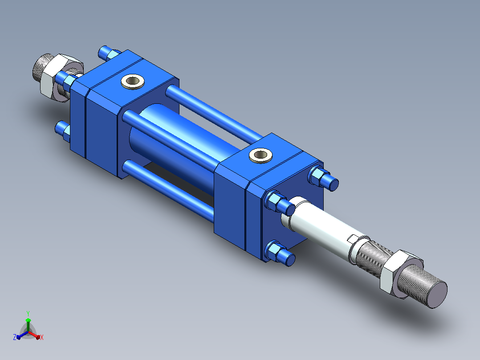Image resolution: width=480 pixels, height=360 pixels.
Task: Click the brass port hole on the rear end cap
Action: (133, 82)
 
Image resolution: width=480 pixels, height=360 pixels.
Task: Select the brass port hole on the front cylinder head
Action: (260, 155)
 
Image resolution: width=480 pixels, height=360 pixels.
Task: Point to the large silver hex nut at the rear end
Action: (58, 77)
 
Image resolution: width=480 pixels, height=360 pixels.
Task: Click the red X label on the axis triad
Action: (42, 337)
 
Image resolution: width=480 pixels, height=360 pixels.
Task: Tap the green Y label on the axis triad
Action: (28, 313)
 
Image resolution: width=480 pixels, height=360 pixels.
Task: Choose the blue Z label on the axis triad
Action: (15, 337)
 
